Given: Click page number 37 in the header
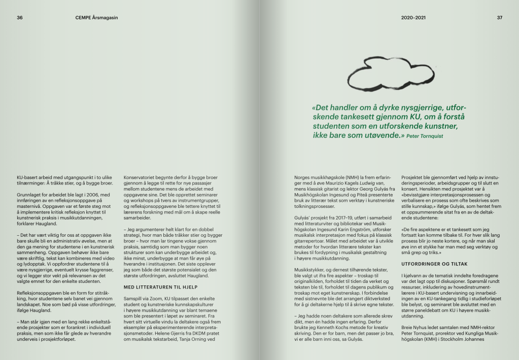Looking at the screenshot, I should pyautogui.click(x=499, y=18).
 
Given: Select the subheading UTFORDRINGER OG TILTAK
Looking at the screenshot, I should pyautogui.click(x=429, y=264).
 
